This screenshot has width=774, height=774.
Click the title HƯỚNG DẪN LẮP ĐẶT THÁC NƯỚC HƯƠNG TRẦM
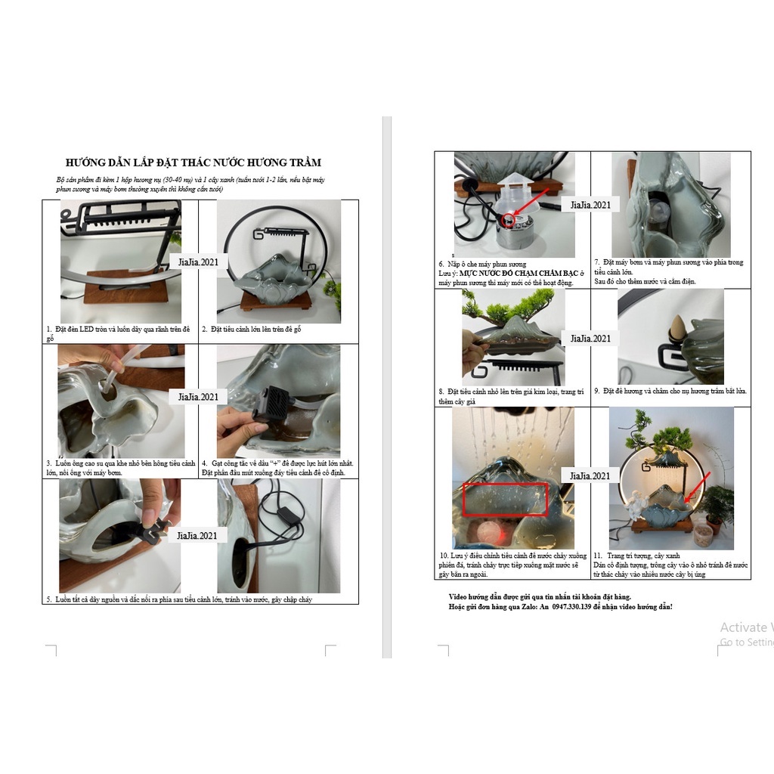193,162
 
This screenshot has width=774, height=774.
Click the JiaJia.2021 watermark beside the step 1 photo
197,262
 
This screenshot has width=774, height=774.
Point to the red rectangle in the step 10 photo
505,500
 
